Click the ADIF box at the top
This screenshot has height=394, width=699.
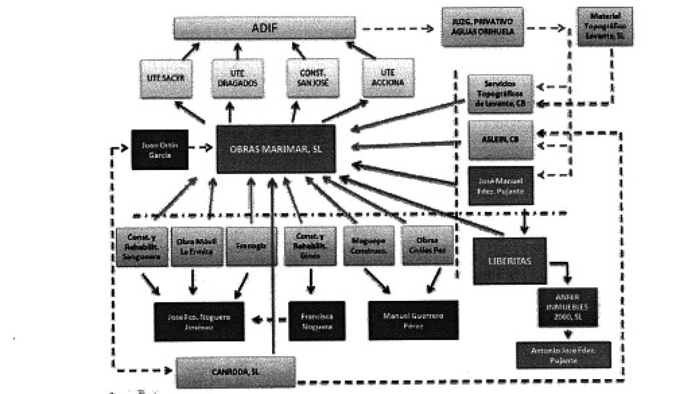click(264, 28)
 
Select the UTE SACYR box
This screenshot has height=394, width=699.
click(166, 78)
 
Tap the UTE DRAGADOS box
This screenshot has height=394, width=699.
click(238, 78)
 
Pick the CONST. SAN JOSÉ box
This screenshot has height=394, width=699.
click(313, 78)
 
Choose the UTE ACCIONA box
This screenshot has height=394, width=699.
click(388, 78)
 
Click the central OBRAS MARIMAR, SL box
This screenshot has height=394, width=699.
click(276, 149)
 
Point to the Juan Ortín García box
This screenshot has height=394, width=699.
click(160, 150)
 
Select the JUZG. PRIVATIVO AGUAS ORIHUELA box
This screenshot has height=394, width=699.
click(482, 27)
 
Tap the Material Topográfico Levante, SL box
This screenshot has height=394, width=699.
click(605, 26)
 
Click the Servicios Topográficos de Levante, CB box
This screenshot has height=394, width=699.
click(500, 94)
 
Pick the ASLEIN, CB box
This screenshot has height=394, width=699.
click(500, 140)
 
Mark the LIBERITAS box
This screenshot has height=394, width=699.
click(510, 261)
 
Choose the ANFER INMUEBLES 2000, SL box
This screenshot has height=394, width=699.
click(567, 307)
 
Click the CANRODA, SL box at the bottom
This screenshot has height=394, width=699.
click(236, 372)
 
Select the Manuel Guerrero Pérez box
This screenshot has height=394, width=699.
click(413, 321)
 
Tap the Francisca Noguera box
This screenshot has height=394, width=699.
click(317, 321)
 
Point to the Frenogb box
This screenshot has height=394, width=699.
click(251, 246)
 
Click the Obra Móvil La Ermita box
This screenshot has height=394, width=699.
click(197, 246)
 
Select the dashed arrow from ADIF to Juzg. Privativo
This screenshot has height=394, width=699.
click(397, 29)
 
